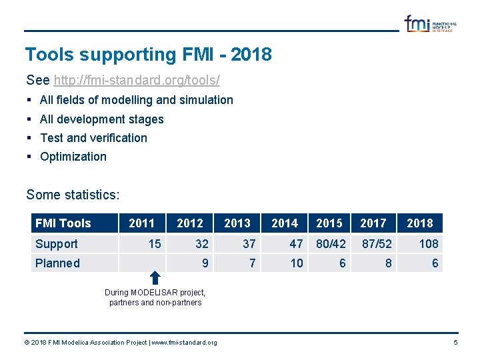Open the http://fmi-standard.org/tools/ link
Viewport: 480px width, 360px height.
pos(137,81)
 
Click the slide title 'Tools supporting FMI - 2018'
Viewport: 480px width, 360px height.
pos(148,55)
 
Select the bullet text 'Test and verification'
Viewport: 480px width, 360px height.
pos(93,138)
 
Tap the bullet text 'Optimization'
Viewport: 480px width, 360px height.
pos(73,157)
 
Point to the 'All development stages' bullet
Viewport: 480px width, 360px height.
pos(101,119)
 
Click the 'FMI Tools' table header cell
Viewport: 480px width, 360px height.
pos(63,223)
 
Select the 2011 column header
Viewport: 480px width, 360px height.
pos(141,223)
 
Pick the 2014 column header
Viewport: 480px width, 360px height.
pos(285,223)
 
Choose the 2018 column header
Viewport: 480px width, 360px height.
pos(419,223)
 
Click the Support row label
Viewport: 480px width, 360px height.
pos(57,244)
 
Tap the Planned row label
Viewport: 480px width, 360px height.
pos(57,263)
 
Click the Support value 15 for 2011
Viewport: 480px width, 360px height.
pos(155,244)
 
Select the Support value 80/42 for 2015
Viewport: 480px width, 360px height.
pos(331,244)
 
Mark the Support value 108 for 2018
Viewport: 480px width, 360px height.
pos(428,244)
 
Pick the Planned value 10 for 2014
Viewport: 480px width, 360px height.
pos(297,263)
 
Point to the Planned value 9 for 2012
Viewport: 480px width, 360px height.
pos(205,263)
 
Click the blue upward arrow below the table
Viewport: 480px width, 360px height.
pos(155,278)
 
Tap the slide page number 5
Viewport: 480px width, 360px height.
pos(455,343)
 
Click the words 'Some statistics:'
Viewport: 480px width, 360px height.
pos(73,195)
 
